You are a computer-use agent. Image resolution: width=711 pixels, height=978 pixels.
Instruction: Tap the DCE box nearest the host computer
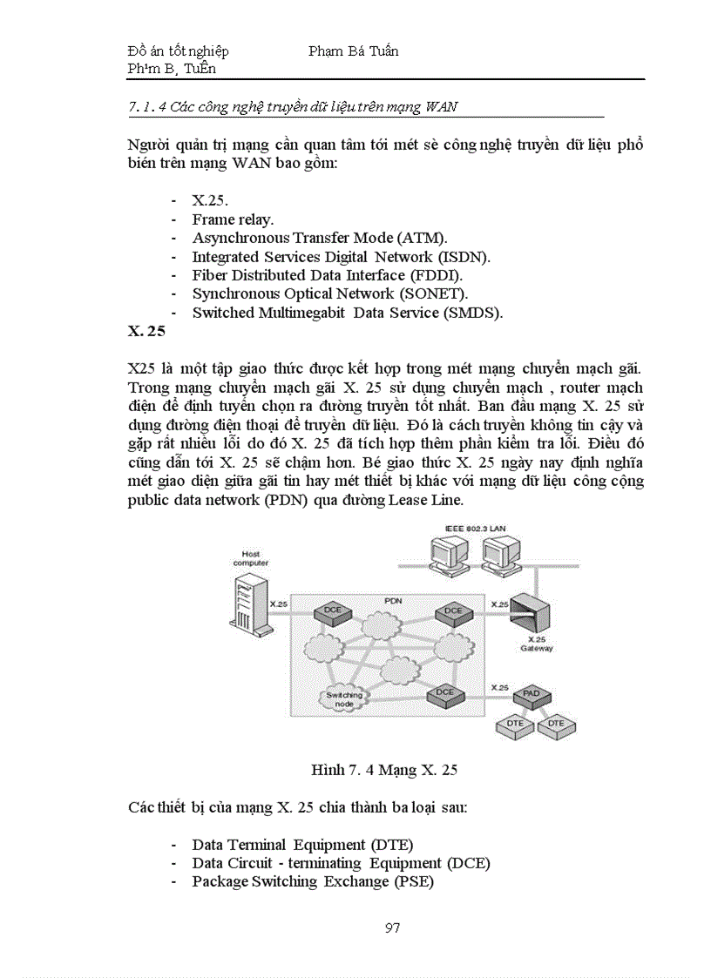[333, 610]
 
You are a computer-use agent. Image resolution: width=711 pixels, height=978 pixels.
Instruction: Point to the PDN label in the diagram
[394, 602]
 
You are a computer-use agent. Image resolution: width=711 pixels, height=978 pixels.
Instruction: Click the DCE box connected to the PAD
[444, 692]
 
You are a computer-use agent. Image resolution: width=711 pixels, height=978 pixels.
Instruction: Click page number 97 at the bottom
[392, 927]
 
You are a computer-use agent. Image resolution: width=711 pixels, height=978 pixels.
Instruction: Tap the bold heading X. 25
[146, 331]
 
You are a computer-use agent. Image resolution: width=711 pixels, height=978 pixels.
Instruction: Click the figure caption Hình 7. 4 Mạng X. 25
[384, 770]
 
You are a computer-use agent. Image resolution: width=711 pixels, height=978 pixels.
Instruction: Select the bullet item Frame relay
[233, 219]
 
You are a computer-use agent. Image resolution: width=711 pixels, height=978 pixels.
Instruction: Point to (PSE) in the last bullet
[414, 881]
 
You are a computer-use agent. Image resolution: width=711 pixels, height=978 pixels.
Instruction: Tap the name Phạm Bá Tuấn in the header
[353, 51]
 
